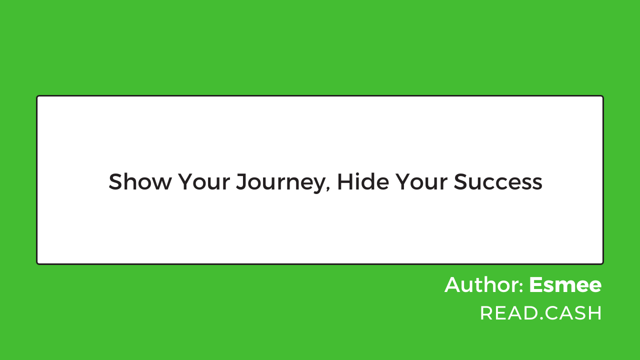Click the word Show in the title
140,181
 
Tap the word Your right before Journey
204,181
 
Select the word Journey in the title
281,183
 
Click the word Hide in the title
363,181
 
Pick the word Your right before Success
421,181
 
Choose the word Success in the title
498,181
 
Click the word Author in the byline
481,285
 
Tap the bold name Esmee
565,285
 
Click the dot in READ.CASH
541,318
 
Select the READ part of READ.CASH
509,313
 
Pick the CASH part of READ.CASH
573,313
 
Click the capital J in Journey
241,181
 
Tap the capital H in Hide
345,181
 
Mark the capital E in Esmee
536,285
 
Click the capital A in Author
453,285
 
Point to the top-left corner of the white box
36,95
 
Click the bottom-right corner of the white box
603,264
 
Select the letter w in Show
161,183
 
